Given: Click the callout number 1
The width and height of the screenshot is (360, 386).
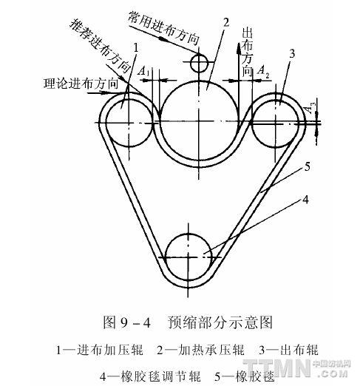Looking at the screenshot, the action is (136, 47).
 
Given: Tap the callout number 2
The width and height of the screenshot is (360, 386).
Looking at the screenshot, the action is (226, 22).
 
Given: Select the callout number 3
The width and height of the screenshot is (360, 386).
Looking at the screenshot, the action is (292, 53).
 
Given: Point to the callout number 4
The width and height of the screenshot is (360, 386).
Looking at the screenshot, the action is (305, 200).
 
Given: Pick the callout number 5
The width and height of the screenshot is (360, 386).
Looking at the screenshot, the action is (308, 167).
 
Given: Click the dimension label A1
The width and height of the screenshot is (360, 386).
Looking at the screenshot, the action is (143, 71).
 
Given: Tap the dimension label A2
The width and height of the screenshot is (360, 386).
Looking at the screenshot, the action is (263, 71).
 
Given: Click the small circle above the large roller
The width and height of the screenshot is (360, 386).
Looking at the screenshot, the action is (199, 63).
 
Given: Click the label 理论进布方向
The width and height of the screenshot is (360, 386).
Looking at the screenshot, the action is (81, 84).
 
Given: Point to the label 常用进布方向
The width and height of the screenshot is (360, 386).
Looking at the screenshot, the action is (163, 28).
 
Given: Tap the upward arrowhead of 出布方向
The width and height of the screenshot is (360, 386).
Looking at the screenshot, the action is (239, 49).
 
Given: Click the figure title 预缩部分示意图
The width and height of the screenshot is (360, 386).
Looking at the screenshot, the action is (220, 322).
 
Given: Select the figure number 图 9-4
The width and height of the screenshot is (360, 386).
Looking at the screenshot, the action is (126, 322).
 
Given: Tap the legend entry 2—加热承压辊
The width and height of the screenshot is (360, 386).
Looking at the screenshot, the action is (200, 351).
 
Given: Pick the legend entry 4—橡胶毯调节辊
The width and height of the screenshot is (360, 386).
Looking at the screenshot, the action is (150, 376).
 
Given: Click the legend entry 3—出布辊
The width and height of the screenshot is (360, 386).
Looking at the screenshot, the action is (288, 350).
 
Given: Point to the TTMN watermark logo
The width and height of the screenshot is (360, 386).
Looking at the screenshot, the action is (297, 368).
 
